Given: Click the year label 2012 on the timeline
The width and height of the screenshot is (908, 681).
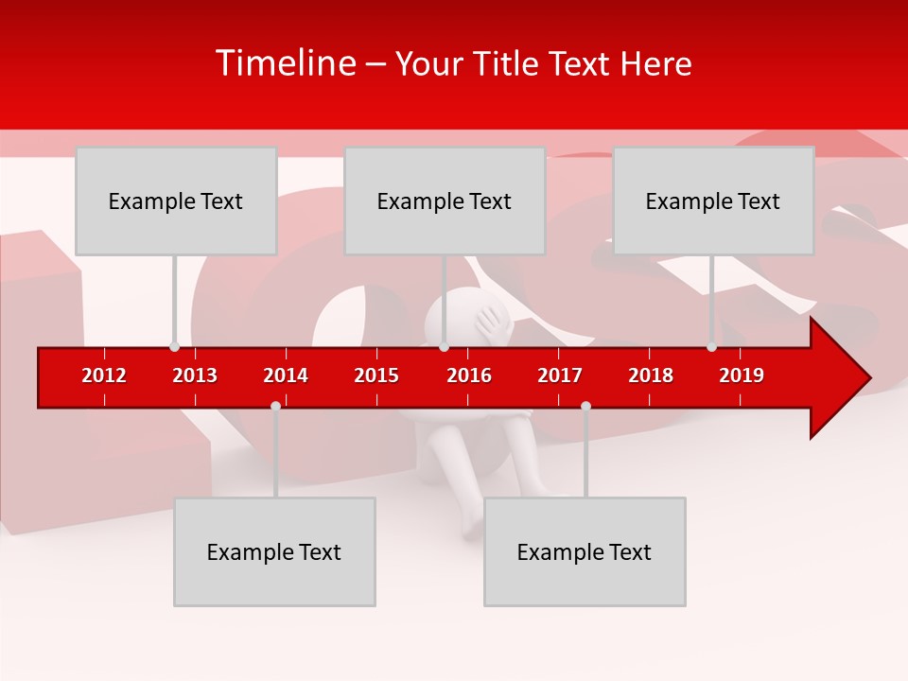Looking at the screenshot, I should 104,375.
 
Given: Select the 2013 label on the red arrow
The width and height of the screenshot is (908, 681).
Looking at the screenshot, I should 195,375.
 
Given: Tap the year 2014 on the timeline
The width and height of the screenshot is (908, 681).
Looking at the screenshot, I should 286,375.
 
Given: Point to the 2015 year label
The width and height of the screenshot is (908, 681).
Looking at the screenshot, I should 376,375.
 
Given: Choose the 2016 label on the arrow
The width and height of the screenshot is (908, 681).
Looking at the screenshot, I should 469,375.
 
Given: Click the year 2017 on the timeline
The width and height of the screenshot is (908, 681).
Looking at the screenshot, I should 560,375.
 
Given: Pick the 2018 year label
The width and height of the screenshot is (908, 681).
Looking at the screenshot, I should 651,375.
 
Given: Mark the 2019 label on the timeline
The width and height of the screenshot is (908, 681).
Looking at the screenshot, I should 742,375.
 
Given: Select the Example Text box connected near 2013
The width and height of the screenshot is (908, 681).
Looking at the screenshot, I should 176,201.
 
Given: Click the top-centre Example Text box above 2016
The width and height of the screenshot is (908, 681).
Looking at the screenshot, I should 445,201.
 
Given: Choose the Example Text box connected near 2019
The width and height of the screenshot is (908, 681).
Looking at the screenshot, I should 713,201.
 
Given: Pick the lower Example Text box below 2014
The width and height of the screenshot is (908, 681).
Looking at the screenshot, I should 274,551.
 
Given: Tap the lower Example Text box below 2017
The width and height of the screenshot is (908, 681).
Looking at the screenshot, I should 585,551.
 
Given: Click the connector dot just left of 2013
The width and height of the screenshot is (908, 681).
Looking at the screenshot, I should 174,346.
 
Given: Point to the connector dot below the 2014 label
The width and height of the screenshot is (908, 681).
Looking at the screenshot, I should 275,406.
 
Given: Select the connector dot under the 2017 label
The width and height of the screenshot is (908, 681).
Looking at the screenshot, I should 585,406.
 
